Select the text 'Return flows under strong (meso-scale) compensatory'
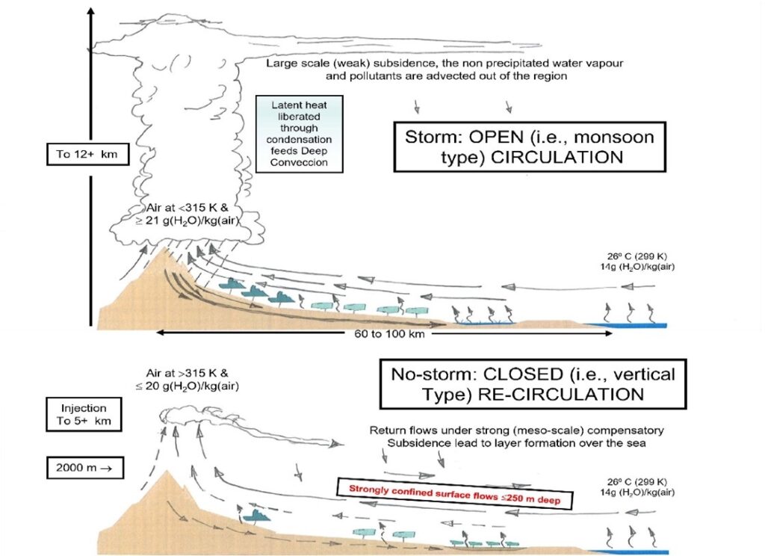click(515, 431)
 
